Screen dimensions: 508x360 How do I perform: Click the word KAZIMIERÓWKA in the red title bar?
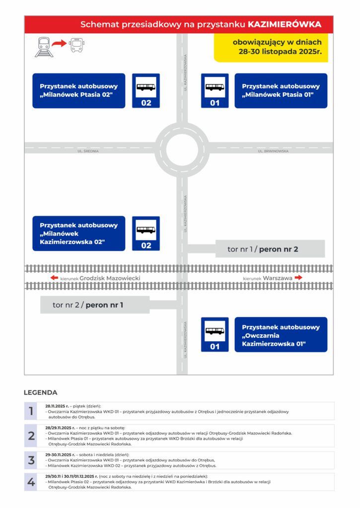click(x=284, y=24)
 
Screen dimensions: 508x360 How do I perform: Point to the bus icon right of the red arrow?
click(x=77, y=45)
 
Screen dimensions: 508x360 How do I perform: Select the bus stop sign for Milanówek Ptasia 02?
click(x=146, y=91)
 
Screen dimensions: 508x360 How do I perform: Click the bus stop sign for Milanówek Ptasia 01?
click(x=215, y=91)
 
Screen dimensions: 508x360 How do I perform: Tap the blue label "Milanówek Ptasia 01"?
click(x=281, y=91)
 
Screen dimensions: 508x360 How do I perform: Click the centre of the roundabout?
click(x=182, y=148)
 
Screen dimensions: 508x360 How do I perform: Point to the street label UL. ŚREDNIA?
click(x=88, y=151)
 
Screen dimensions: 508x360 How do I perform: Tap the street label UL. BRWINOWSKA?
click(x=273, y=151)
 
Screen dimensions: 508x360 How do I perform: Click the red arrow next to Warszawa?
click(x=298, y=278)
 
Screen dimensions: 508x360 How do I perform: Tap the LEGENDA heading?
click(x=41, y=392)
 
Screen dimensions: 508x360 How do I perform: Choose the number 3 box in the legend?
click(x=31, y=460)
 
